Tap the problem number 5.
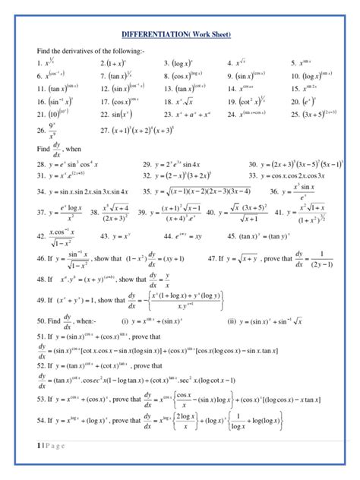(x=293, y=63)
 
